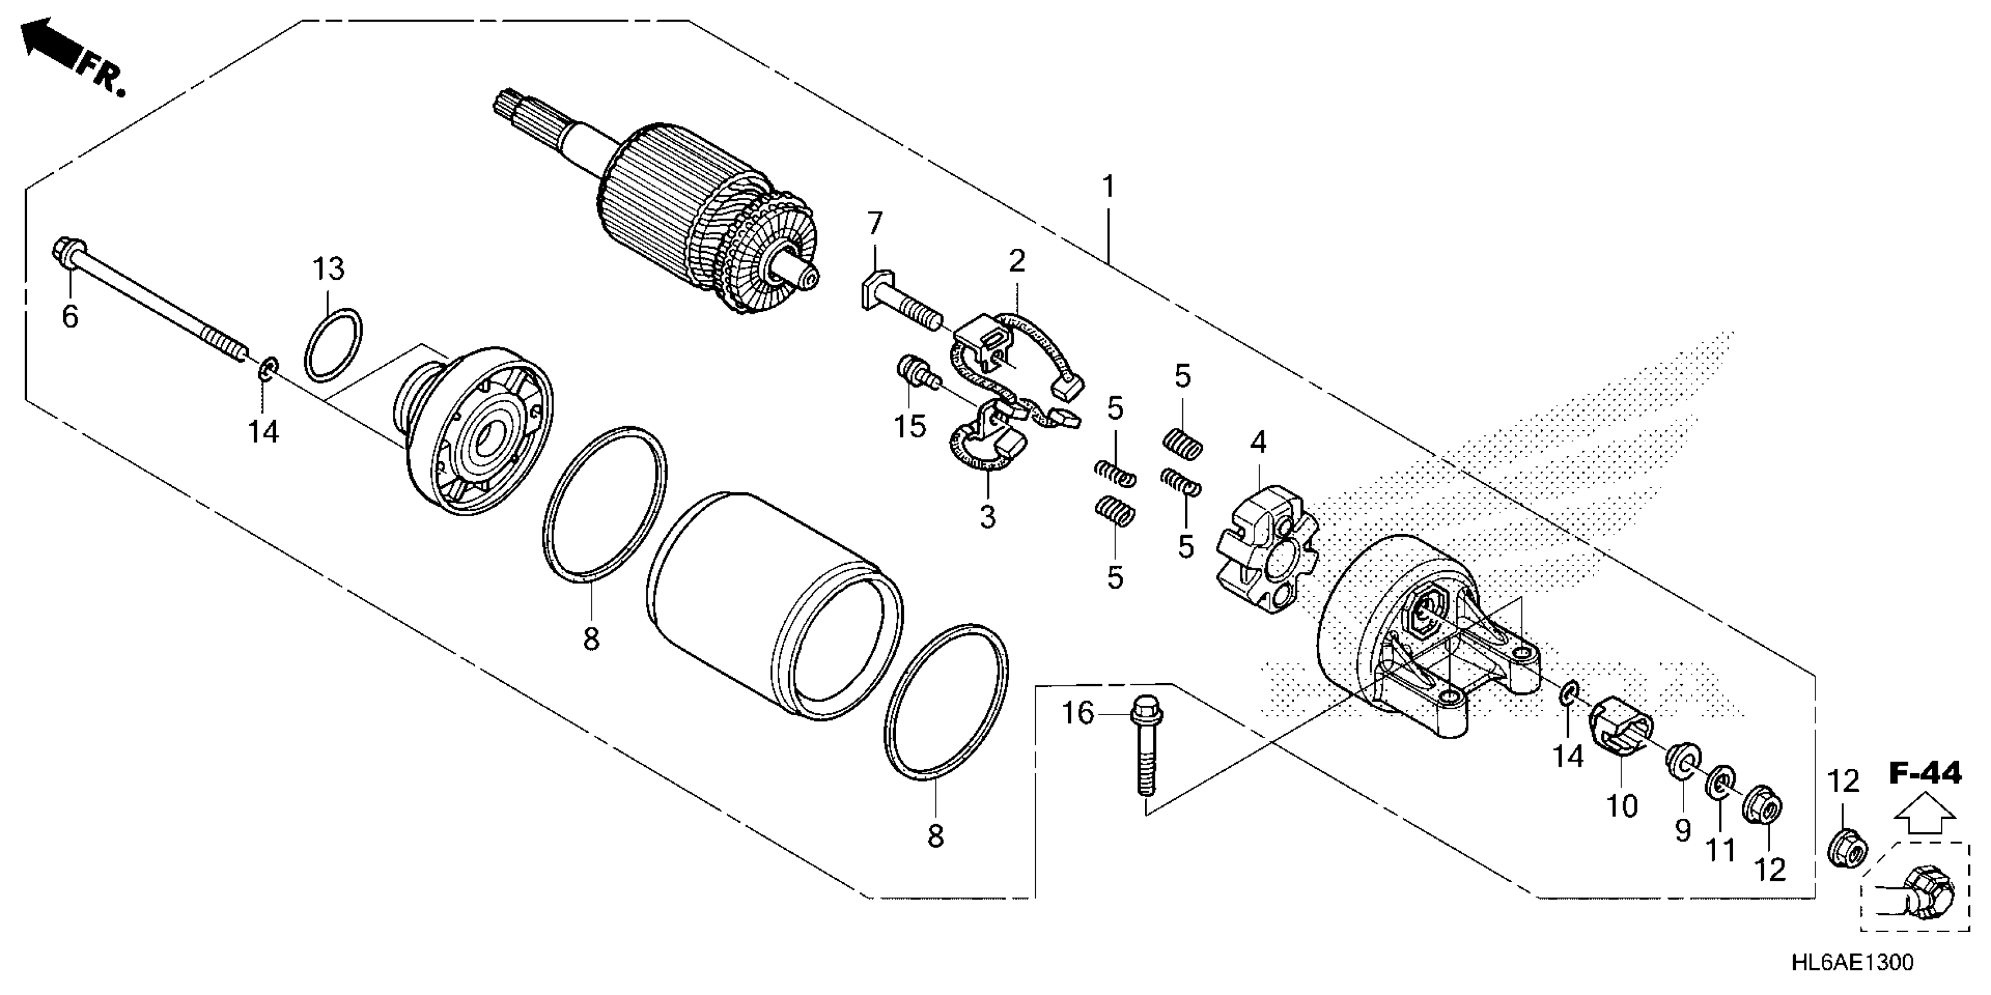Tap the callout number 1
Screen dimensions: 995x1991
coord(1109,187)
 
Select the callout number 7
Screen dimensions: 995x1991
coord(874,224)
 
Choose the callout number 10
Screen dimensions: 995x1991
coord(1622,807)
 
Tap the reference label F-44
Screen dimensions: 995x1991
coord(1926,773)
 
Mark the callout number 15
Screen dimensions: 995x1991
coord(911,426)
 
